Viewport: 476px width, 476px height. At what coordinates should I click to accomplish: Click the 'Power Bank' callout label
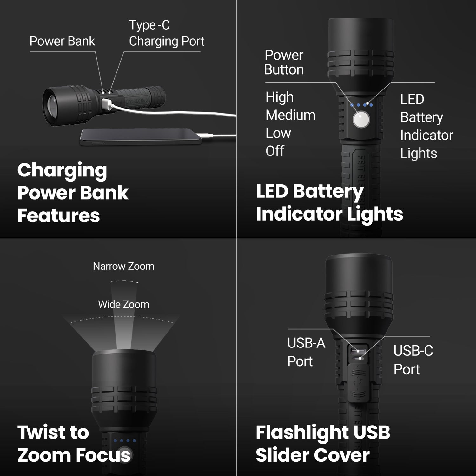click(x=62, y=41)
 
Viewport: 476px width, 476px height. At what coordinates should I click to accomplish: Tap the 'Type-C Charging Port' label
click(x=166, y=33)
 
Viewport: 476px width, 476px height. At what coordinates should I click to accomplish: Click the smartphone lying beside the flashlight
click(x=140, y=137)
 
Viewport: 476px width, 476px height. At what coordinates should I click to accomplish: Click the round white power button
click(x=361, y=120)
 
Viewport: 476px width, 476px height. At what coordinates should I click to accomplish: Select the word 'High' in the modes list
click(x=279, y=97)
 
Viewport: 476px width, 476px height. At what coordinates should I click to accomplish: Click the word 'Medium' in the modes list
click(x=290, y=115)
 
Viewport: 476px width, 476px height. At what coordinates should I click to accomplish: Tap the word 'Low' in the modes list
click(x=278, y=133)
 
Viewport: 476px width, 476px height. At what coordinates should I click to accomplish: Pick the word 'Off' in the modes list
click(x=275, y=151)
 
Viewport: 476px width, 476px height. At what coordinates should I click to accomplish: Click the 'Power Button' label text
click(x=284, y=62)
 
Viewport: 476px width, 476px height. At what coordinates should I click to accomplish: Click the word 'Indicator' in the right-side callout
click(x=426, y=135)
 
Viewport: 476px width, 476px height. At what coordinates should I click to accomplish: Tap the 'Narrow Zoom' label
click(x=123, y=266)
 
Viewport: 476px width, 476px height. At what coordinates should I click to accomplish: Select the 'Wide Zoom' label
click(x=123, y=304)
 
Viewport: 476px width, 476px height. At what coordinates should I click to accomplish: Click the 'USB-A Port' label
click(x=306, y=352)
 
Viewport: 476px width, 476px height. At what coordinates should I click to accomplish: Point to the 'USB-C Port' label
click(x=413, y=360)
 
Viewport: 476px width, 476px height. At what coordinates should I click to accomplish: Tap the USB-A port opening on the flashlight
click(x=358, y=351)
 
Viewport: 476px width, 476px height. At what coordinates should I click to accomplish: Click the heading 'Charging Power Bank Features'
click(x=73, y=193)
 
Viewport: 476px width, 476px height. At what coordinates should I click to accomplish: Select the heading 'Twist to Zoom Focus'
click(x=74, y=444)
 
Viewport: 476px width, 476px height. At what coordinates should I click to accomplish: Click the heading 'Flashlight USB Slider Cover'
click(x=322, y=444)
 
